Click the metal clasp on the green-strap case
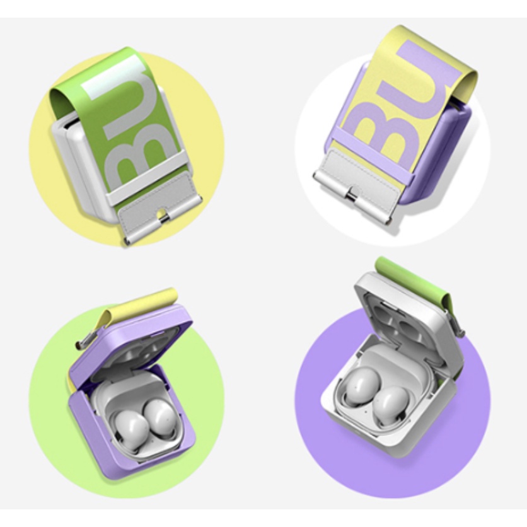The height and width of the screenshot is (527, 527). point(164,217)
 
